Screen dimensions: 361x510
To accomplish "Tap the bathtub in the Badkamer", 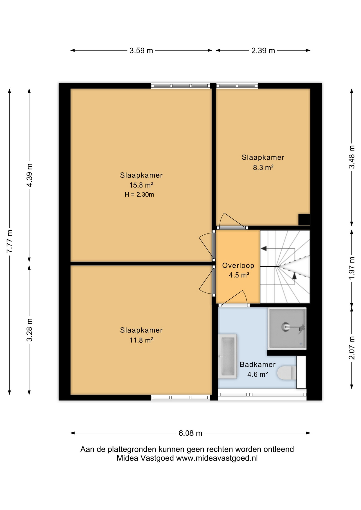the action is click(x=227, y=356).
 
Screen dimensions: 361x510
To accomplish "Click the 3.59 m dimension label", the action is click(x=141, y=50).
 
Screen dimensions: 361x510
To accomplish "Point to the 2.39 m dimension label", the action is click(x=263, y=50).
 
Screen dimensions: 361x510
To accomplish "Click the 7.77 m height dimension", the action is click(x=10, y=241).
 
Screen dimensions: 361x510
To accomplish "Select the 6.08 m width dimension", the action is click(x=190, y=433).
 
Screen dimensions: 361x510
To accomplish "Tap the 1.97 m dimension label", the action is click(x=352, y=268).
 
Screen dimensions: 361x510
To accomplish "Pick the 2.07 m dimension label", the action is click(x=352, y=348).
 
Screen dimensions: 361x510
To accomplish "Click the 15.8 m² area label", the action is click(x=141, y=185).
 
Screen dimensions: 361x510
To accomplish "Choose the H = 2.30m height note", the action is click(x=139, y=194).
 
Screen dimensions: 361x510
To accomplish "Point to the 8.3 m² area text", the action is click(x=263, y=167).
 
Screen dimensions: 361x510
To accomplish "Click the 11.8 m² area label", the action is click(x=141, y=340).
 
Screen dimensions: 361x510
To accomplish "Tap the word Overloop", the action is click(x=238, y=265).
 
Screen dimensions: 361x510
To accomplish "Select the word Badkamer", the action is click(x=258, y=364).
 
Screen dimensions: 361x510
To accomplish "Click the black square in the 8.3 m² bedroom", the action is click(x=304, y=220).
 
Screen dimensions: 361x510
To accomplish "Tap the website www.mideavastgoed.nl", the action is click(x=217, y=458).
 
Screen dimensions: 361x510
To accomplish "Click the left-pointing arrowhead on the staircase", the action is click(x=264, y=249).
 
